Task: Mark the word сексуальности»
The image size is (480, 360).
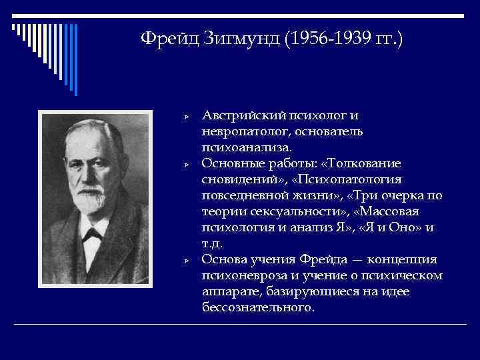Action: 294,211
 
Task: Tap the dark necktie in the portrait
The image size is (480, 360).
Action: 94,237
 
